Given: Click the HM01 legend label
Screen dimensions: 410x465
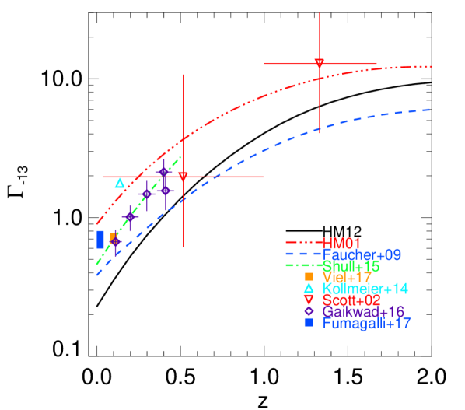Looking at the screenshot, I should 342,243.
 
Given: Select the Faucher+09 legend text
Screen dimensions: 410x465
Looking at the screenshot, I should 362,254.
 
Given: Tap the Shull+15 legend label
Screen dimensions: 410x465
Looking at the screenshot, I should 351,266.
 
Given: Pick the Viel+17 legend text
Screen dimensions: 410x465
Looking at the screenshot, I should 348,277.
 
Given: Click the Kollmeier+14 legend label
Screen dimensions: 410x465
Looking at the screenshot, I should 365,289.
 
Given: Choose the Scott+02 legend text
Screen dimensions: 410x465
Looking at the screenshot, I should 351,300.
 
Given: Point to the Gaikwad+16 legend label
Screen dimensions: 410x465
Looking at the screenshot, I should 364,311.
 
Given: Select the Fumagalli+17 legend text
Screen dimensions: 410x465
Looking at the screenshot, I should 367,322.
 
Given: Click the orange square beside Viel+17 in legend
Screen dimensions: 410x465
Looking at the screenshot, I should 309,276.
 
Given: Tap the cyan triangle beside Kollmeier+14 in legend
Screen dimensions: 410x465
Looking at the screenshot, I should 309,288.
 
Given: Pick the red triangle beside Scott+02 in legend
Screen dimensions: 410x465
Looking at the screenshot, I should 309,300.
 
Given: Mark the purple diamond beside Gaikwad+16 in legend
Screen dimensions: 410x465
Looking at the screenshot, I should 309,311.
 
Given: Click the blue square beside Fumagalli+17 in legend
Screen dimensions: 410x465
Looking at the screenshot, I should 309,322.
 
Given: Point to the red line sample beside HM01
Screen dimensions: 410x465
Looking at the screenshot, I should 303,243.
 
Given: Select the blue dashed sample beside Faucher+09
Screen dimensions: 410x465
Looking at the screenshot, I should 303,254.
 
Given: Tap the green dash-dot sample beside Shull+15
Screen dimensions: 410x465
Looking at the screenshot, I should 303,265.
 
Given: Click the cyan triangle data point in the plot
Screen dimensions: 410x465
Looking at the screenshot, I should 120,183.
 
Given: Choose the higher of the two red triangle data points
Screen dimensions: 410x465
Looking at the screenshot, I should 319,63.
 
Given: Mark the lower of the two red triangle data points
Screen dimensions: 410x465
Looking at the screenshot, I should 183,177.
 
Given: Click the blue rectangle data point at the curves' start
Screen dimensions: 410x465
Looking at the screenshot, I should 100,239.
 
